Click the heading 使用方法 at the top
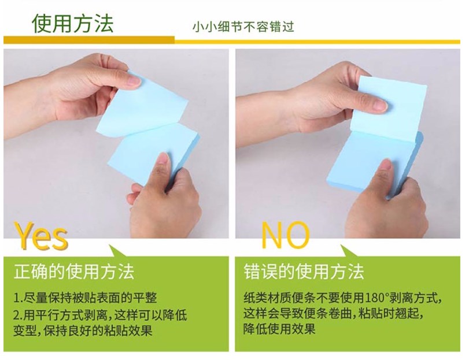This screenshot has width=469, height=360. click(x=73, y=23)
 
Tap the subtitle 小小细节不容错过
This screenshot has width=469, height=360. click(x=243, y=27)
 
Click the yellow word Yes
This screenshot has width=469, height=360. click(x=40, y=236)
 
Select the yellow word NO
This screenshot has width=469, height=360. click(x=285, y=235)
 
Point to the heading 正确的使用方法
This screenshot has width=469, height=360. click(x=74, y=272)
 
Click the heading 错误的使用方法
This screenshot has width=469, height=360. click(x=304, y=272)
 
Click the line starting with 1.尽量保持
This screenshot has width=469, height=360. click(x=85, y=298)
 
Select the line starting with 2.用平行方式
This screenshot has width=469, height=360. click(x=100, y=314)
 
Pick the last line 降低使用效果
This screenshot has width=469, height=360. click(x=279, y=329)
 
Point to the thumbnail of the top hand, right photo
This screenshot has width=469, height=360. click(x=381, y=105)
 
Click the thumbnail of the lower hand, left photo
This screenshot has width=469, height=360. click(x=163, y=158)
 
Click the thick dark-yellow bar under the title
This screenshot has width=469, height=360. click(x=89, y=40)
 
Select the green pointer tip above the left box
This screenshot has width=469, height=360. click(x=109, y=246)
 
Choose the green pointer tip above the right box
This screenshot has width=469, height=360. click(x=341, y=246)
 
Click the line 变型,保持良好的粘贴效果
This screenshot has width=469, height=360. click(x=83, y=331)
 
